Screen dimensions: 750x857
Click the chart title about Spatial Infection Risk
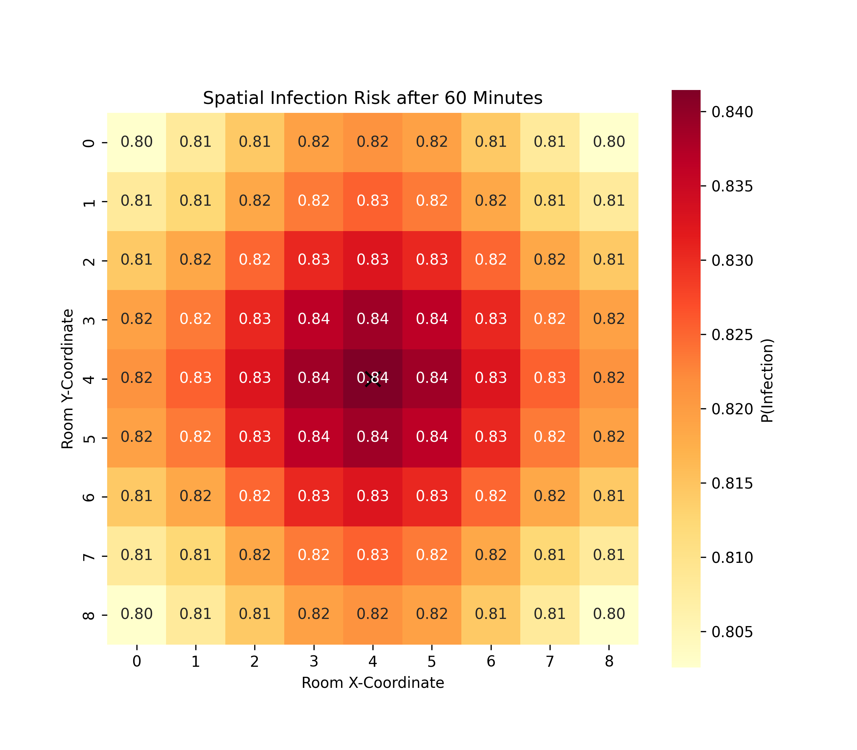(372, 98)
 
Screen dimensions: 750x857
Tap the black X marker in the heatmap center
(373, 379)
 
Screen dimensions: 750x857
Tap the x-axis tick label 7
(550, 661)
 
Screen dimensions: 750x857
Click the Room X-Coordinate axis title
(372, 682)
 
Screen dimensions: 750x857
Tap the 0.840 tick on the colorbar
(732, 112)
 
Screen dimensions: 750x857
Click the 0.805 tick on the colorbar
(732, 631)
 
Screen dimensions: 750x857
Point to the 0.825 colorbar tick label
(732, 335)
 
